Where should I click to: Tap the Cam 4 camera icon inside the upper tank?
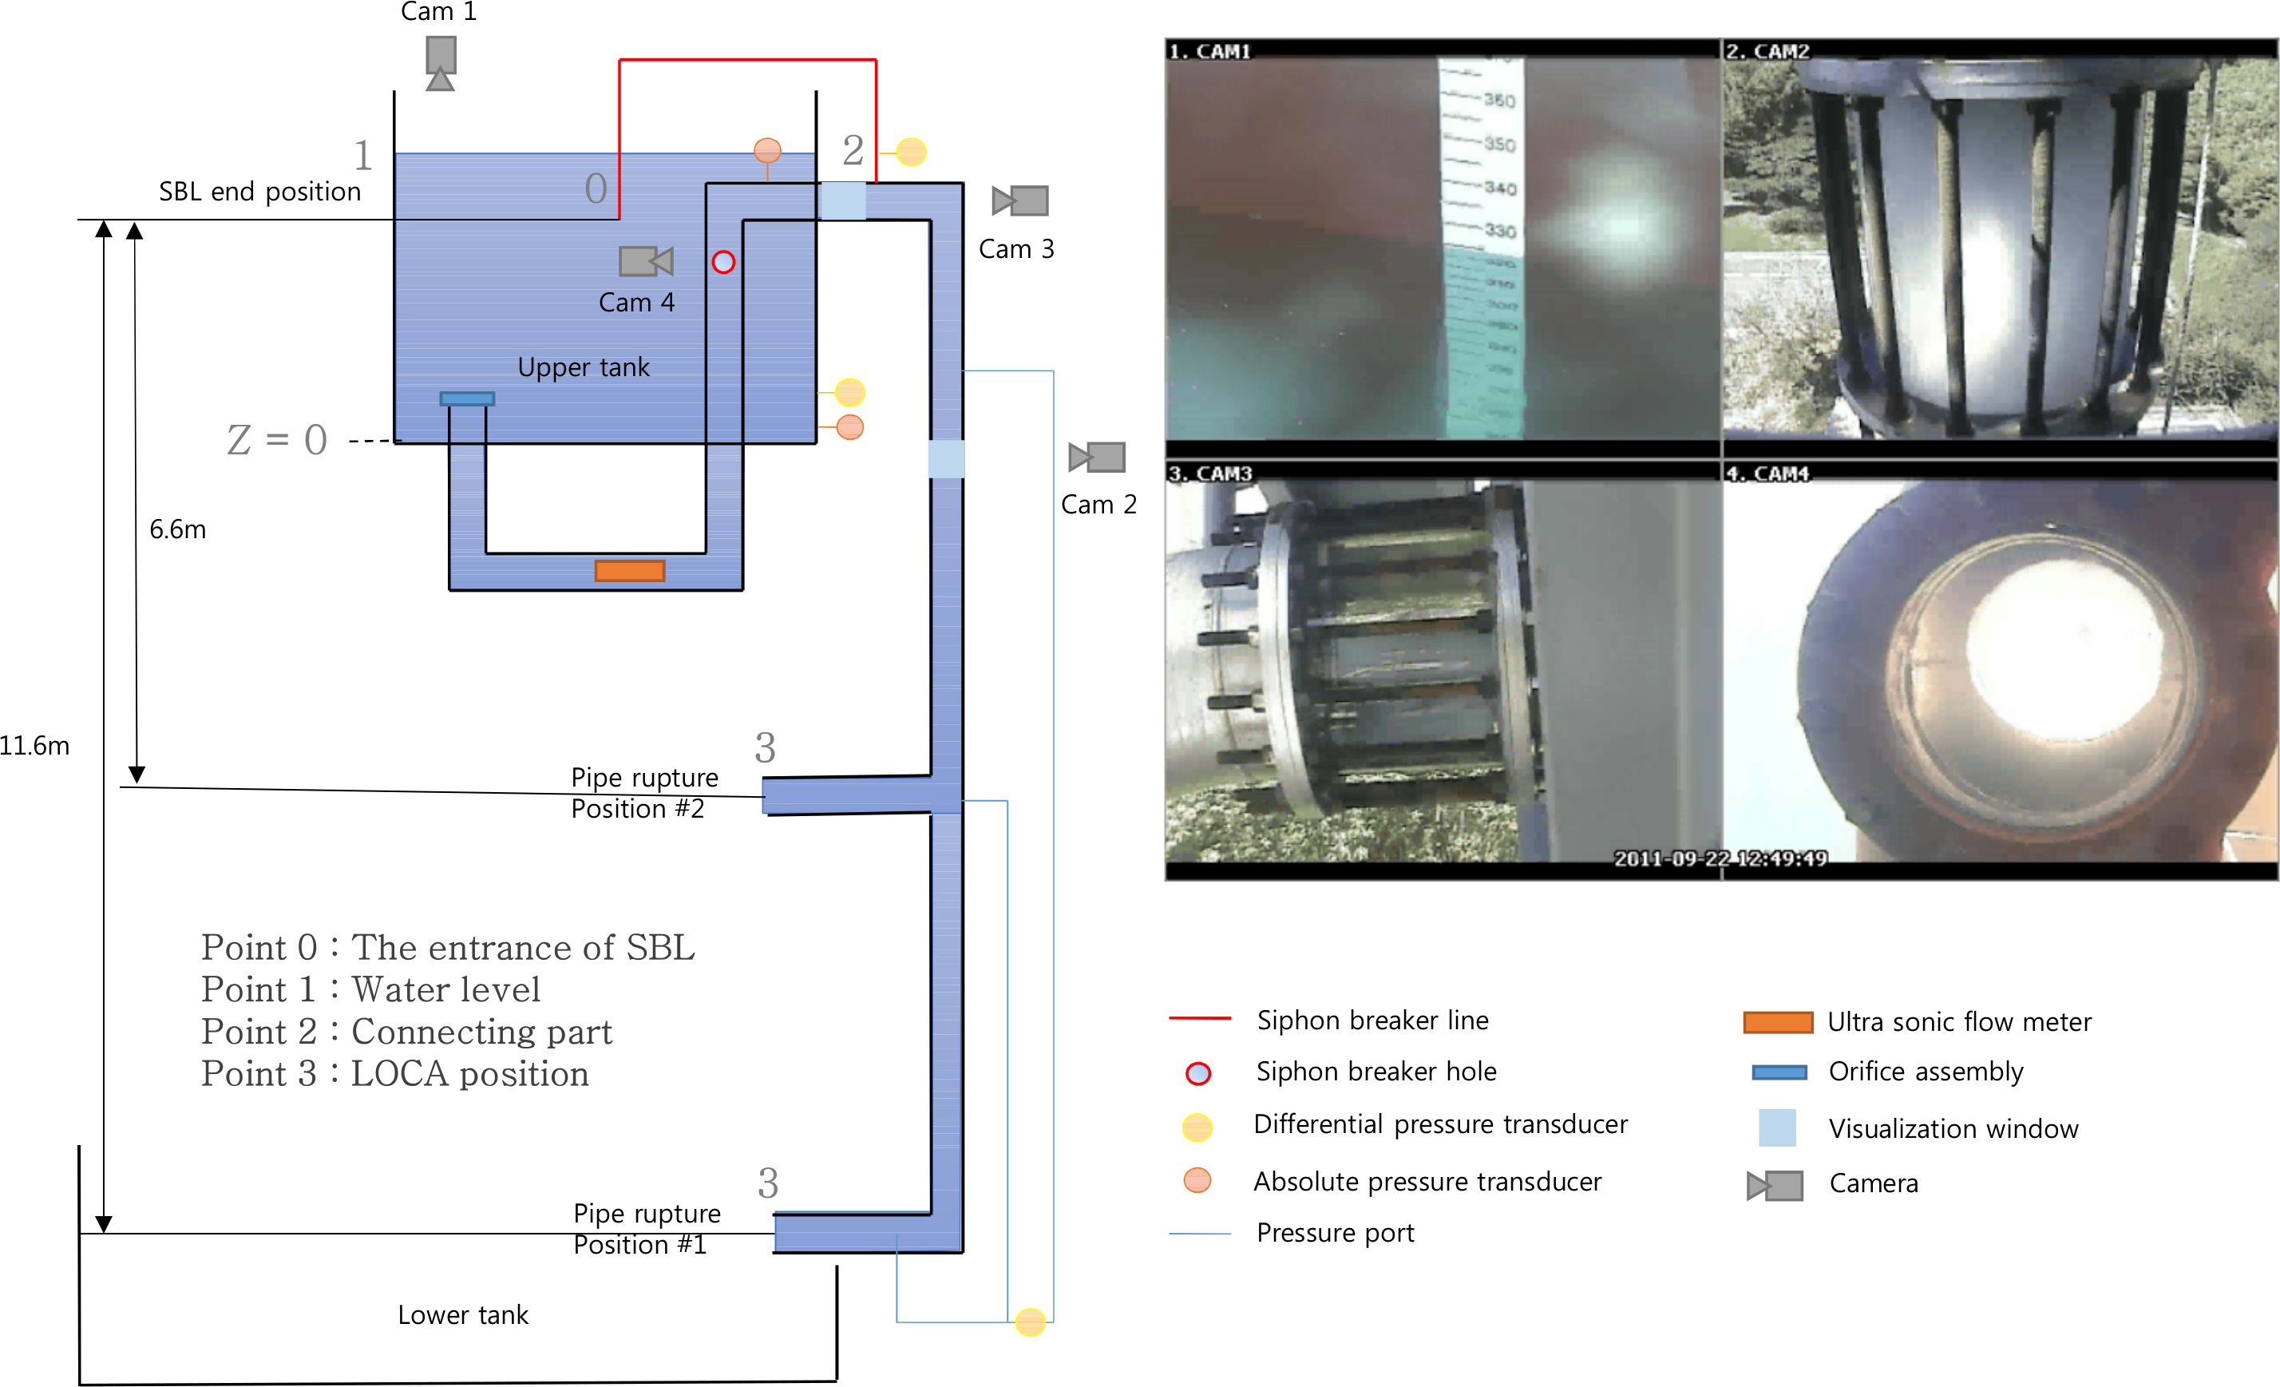[x=645, y=262]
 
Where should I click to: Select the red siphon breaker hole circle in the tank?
[x=723, y=263]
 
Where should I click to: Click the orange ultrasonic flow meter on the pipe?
[x=629, y=571]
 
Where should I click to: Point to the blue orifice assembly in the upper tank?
[x=467, y=398]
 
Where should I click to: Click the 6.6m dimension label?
[x=178, y=529]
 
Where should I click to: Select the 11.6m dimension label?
[x=34, y=746]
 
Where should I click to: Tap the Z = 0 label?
[x=278, y=441]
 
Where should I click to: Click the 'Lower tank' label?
[x=463, y=1315]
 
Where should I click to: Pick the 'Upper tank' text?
[x=583, y=367]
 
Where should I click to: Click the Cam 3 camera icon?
[x=1019, y=200]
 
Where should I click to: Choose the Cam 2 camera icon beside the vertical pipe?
[x=1098, y=457]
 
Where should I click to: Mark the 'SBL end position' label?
[x=259, y=192]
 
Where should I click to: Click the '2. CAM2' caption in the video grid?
[x=1767, y=51]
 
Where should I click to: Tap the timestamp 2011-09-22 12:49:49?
[x=1720, y=858]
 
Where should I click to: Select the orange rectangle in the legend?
[x=1778, y=1021]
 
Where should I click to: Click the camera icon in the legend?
[x=1775, y=1185]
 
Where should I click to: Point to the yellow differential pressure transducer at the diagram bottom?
[x=1030, y=1322]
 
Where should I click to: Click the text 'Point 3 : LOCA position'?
[x=395, y=1074]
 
